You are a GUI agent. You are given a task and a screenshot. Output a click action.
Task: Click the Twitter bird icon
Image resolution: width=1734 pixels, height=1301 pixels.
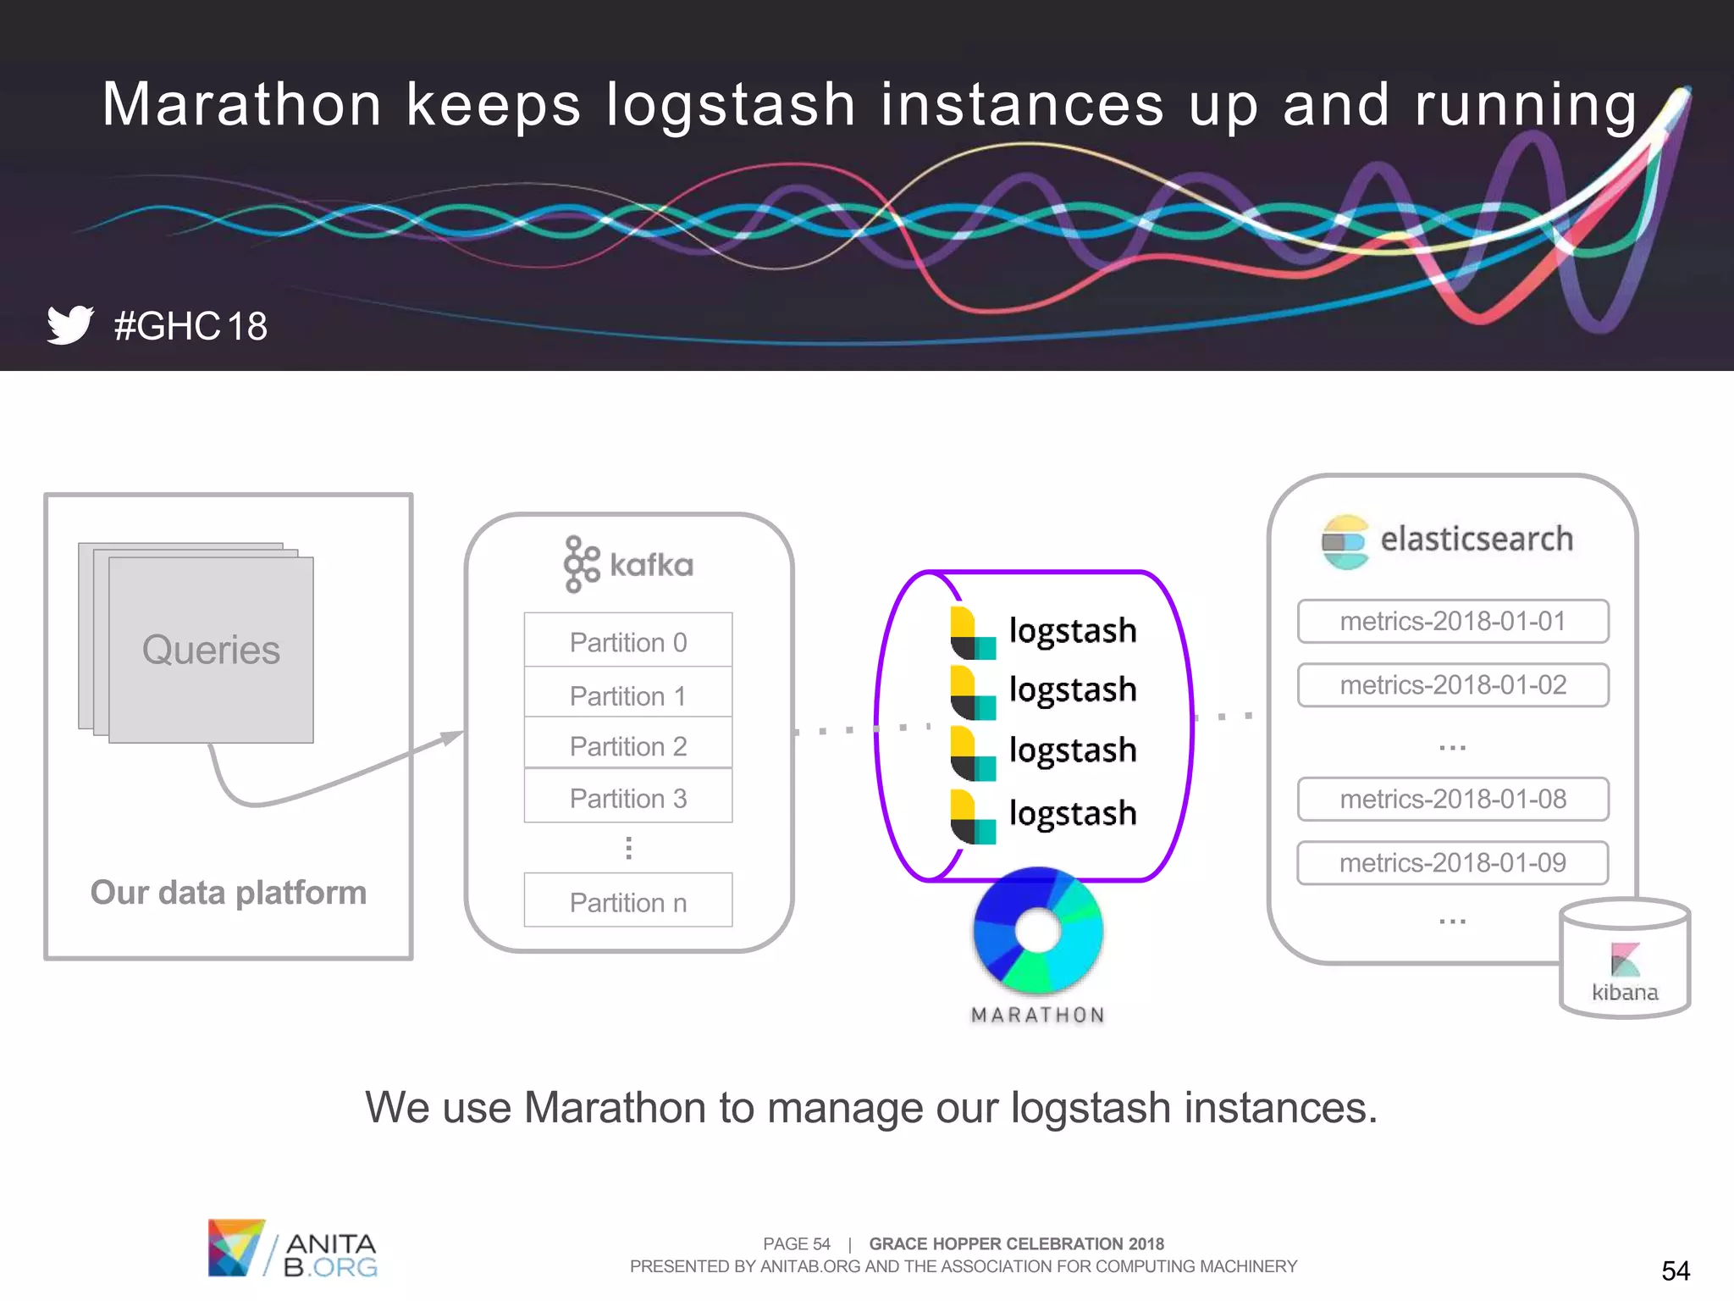point(70,324)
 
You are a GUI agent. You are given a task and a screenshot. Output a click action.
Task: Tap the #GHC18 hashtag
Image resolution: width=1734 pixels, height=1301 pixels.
point(191,326)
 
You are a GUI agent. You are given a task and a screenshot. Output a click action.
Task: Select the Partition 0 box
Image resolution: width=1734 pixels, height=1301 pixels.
point(627,641)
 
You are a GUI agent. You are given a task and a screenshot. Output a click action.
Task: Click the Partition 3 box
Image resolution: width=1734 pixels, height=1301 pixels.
point(627,797)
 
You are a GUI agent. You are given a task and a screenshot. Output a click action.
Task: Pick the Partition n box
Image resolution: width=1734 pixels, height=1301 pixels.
point(627,901)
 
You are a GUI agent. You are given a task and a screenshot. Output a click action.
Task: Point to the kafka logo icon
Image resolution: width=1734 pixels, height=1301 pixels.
point(582,564)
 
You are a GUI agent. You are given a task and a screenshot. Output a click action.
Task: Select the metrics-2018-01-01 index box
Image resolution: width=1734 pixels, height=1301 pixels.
point(1452,621)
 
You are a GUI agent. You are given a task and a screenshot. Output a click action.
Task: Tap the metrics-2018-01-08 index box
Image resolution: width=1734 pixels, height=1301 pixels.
point(1452,799)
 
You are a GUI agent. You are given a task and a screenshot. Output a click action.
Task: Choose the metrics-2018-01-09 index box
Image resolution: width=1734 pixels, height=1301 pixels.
point(1452,862)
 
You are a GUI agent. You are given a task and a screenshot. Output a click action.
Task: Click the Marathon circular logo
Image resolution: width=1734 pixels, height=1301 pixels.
point(1038,930)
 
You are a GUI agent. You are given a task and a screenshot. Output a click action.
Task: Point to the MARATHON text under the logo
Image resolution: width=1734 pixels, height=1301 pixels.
point(1038,1015)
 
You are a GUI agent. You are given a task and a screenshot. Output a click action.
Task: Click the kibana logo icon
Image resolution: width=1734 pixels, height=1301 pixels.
point(1625,960)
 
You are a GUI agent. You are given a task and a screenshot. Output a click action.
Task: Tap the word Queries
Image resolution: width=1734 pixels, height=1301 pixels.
point(211,650)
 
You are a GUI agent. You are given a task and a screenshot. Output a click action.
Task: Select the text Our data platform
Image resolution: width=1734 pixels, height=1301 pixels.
point(229,892)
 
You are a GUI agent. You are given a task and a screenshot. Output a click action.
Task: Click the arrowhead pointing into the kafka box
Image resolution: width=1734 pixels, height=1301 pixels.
point(453,737)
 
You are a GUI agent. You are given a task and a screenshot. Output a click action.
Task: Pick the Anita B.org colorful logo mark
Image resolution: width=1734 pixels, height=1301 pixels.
point(235,1247)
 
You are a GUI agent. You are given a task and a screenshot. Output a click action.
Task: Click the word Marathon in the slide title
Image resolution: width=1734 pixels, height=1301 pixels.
point(242,105)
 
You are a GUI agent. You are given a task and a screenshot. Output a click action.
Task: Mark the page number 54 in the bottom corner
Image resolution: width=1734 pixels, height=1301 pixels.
point(1675,1271)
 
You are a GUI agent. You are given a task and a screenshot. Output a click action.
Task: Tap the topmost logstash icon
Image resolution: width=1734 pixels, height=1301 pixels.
point(973,633)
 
